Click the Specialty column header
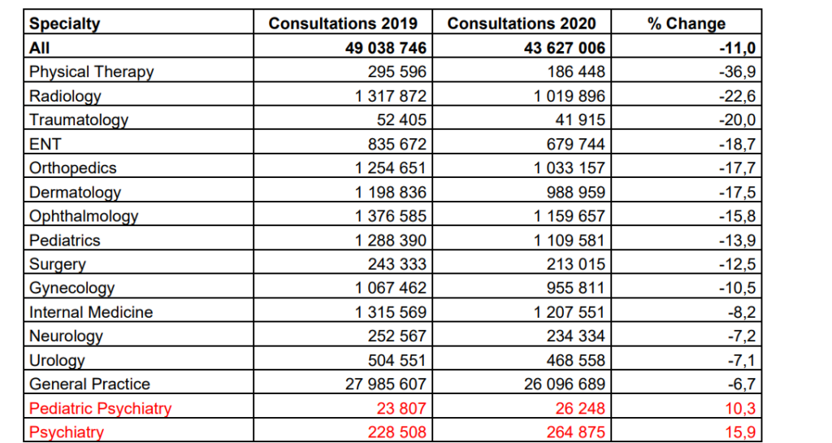[64, 24]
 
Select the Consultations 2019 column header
[343, 24]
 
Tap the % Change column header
[686, 24]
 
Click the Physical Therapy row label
[91, 72]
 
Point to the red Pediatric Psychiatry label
[100, 409]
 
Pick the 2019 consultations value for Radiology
[391, 96]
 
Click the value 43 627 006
[565, 48]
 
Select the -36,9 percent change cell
[737, 72]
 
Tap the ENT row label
[45, 144]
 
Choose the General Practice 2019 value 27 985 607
[385, 384]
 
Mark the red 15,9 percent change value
[740, 432]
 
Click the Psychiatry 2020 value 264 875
[576, 432]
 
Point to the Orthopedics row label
[72, 167]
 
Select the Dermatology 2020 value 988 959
[576, 192]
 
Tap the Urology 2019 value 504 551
[396, 360]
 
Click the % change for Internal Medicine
[741, 312]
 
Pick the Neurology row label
[66, 337]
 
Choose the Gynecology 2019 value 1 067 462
[391, 288]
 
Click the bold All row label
[39, 48]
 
